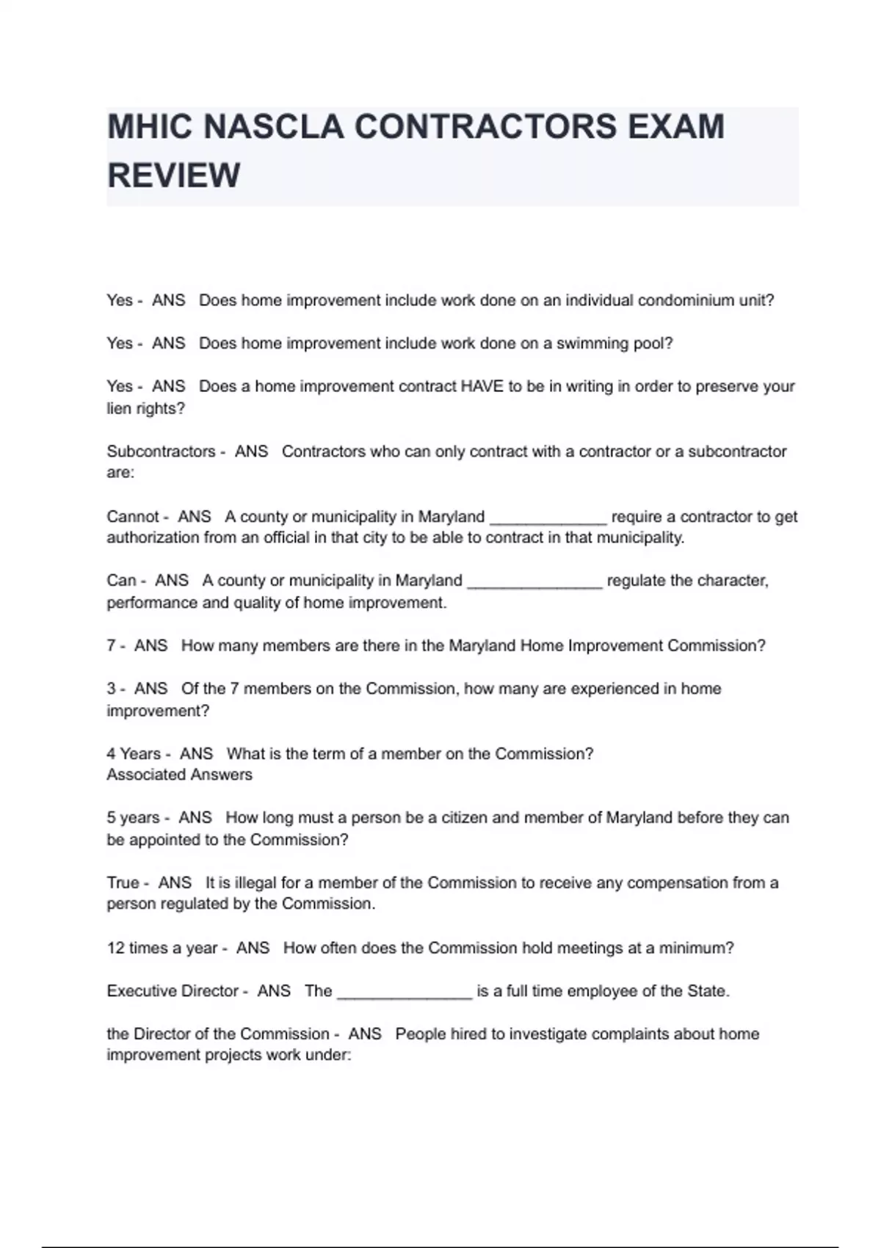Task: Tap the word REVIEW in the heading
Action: click(174, 175)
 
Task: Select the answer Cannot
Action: click(133, 517)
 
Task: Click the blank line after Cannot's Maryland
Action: click(548, 518)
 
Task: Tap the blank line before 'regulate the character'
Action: click(534, 583)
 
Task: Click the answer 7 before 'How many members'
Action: click(111, 646)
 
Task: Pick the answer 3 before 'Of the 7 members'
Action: click(111, 689)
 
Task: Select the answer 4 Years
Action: click(134, 754)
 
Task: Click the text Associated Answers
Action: click(179, 774)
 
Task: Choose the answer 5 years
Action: click(133, 818)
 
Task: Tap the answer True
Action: click(123, 882)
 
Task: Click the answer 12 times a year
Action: click(162, 948)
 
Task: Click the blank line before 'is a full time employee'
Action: click(404, 993)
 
